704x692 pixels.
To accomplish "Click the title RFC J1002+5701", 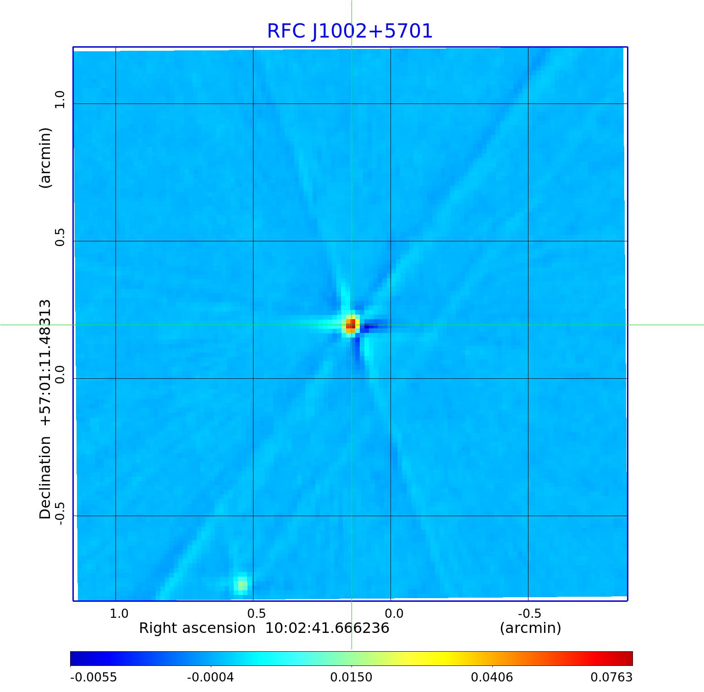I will pos(350,31).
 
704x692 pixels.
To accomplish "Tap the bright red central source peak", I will pos(351,325).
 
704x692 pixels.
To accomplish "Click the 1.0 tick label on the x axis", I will pos(119,613).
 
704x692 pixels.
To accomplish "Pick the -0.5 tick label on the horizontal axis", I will pos(529,613).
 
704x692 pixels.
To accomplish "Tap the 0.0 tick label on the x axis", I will pos(394,613).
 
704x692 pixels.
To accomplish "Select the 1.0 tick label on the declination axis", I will pos(60,99).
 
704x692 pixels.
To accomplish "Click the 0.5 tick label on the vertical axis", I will pos(60,237).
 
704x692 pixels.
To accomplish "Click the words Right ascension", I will pos(197,628).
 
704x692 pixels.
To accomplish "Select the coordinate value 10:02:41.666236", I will pos(327,628).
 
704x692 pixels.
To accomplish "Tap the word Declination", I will pos(45,477).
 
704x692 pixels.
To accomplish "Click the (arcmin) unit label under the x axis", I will pos(530,628).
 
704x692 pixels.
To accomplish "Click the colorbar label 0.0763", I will pos(611,677).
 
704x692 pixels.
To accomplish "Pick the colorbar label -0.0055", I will pos(93,677).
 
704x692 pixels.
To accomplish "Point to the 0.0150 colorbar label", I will pos(351,677).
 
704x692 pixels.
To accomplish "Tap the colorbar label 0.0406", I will pos(492,677).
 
